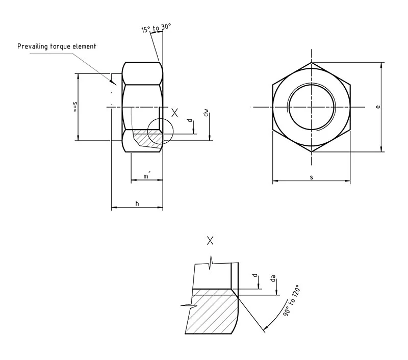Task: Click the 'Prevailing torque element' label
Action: pyautogui.click(x=57, y=46)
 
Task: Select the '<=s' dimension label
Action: pyautogui.click(x=75, y=107)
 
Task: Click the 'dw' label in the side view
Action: pyautogui.click(x=206, y=113)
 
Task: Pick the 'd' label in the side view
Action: pyautogui.click(x=190, y=121)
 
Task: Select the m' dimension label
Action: pyautogui.click(x=146, y=176)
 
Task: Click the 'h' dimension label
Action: pyautogui.click(x=137, y=203)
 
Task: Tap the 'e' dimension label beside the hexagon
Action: pyautogui.click(x=377, y=107)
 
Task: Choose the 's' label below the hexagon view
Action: pyautogui.click(x=311, y=177)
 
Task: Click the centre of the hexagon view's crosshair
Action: pyautogui.click(x=311, y=107)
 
